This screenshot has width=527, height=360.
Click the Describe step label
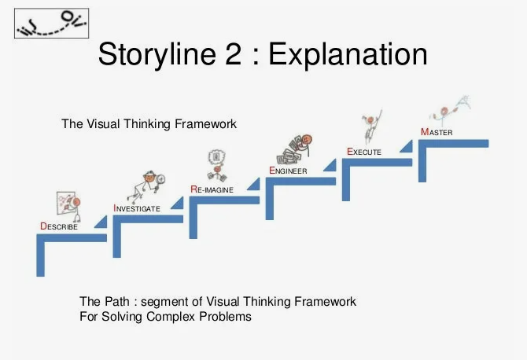(59, 226)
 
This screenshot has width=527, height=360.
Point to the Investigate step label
(137, 208)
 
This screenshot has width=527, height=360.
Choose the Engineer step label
(288, 170)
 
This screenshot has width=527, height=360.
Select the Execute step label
(364, 151)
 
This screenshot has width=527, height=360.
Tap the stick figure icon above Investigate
(149, 185)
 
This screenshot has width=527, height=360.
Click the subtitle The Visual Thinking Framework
(149, 123)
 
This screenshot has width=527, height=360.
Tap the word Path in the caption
(116, 302)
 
